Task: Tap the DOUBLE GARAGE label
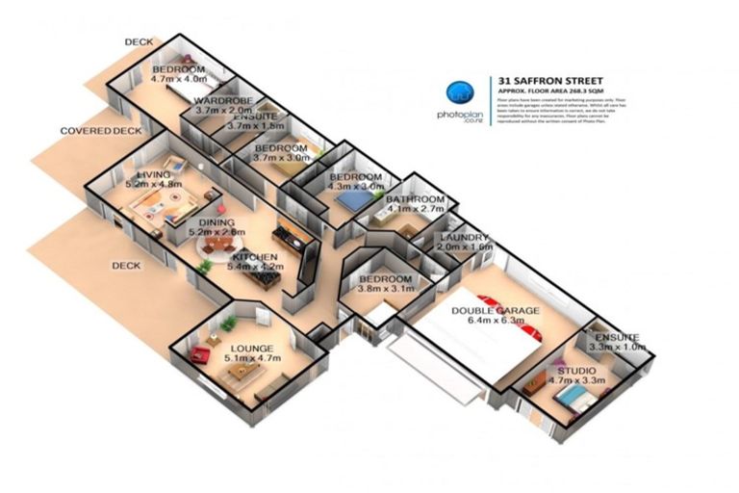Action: coord(497,311)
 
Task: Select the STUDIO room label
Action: coord(575,370)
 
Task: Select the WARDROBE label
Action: coord(223,100)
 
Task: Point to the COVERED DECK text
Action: coord(100,131)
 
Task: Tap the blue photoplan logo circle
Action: coord(461,92)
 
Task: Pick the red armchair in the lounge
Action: coord(200,355)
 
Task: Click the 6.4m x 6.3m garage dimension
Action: coord(497,323)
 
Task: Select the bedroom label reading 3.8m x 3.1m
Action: coord(384,286)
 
